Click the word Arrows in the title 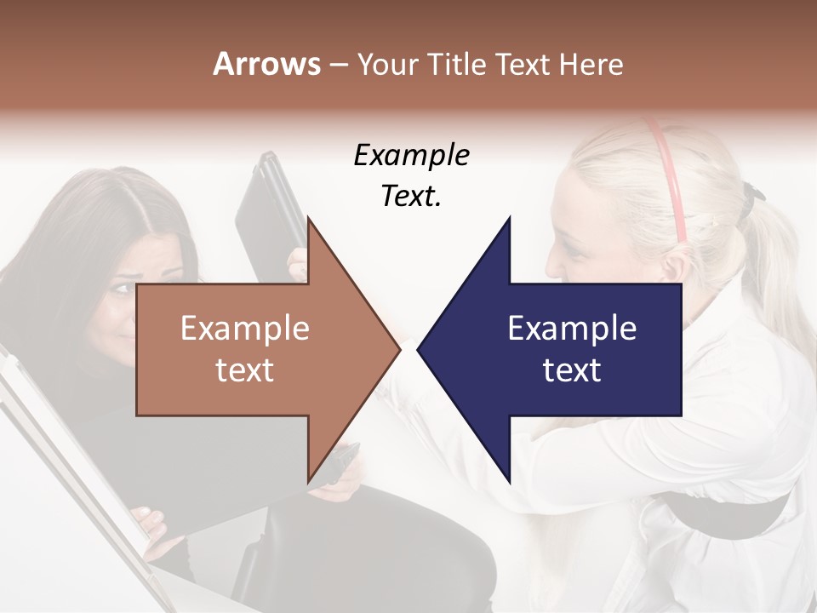[266, 64]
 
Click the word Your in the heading [386, 64]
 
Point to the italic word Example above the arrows [412, 156]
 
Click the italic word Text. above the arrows [412, 196]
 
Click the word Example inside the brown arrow [245, 329]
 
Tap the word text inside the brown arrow [245, 370]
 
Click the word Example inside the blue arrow [572, 329]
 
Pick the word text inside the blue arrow [572, 370]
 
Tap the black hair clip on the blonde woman [750, 195]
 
